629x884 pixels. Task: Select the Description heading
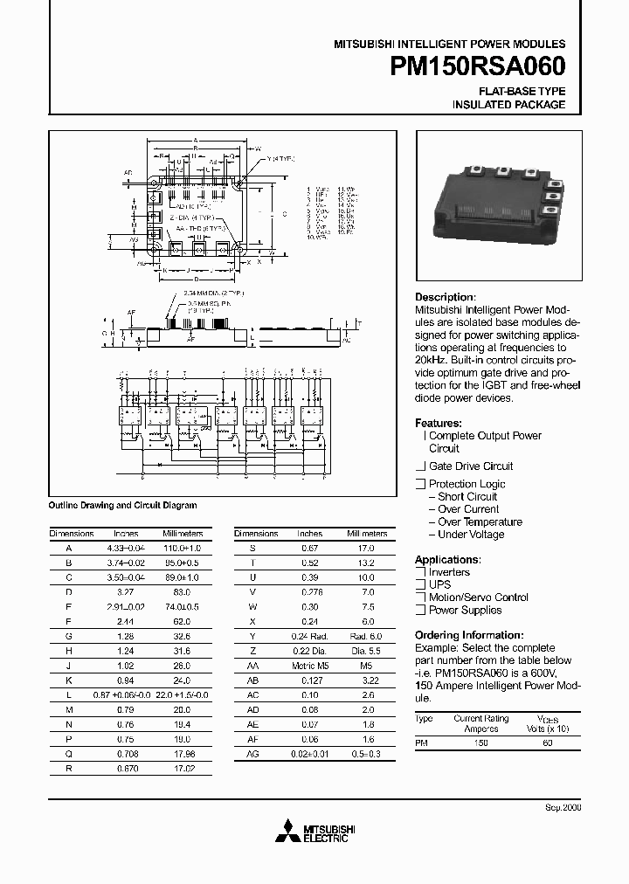[445, 297]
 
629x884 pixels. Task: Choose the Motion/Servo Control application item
[478, 597]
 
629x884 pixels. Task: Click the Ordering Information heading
[469, 635]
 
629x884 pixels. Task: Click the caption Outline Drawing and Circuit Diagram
[122, 505]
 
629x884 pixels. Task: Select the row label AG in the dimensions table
[253, 753]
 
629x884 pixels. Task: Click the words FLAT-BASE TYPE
[522, 91]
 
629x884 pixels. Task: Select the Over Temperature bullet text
[480, 521]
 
